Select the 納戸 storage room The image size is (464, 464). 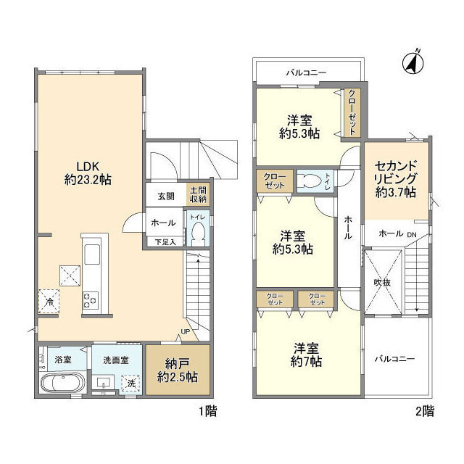[x=178, y=370]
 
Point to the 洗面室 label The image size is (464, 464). [x=116, y=359]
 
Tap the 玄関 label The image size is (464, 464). [x=165, y=196]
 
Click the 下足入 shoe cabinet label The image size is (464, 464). [x=165, y=241]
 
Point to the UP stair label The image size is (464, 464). [x=185, y=332]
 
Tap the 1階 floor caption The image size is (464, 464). [x=206, y=411]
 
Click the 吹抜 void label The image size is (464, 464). [x=383, y=281]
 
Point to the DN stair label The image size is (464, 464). [x=411, y=234]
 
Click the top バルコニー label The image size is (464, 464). [x=306, y=72]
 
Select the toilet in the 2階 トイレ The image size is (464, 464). [x=310, y=181]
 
